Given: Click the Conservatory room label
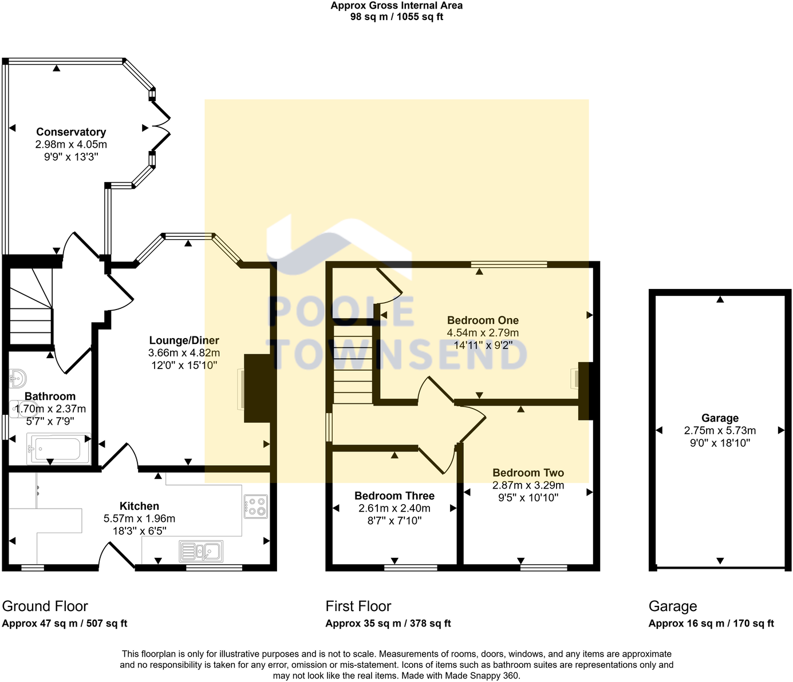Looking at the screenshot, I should [x=71, y=132].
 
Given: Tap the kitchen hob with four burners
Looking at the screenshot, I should [x=255, y=506].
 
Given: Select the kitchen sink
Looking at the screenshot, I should [x=201, y=552].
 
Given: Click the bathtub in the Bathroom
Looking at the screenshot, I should [x=58, y=449].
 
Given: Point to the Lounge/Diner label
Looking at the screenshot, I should [x=184, y=340].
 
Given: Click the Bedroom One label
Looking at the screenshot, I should [x=483, y=320].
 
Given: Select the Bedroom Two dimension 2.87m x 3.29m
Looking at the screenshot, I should [x=528, y=485].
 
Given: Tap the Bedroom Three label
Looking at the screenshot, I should [x=394, y=496].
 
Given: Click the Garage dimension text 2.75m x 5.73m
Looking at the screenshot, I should [x=720, y=431].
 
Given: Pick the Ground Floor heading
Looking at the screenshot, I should [x=45, y=606].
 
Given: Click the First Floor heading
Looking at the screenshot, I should [x=358, y=606].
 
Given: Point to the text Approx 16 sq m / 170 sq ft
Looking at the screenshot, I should [x=711, y=624].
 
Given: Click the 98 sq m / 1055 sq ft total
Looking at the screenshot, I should [x=396, y=17].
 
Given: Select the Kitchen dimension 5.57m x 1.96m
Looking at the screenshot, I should [x=139, y=518].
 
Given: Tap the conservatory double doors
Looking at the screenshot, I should [x=162, y=126].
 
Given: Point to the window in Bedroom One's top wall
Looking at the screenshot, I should [x=509, y=264].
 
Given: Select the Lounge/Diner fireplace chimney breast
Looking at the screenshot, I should [x=257, y=388].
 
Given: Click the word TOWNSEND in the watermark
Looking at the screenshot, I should [x=399, y=355].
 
